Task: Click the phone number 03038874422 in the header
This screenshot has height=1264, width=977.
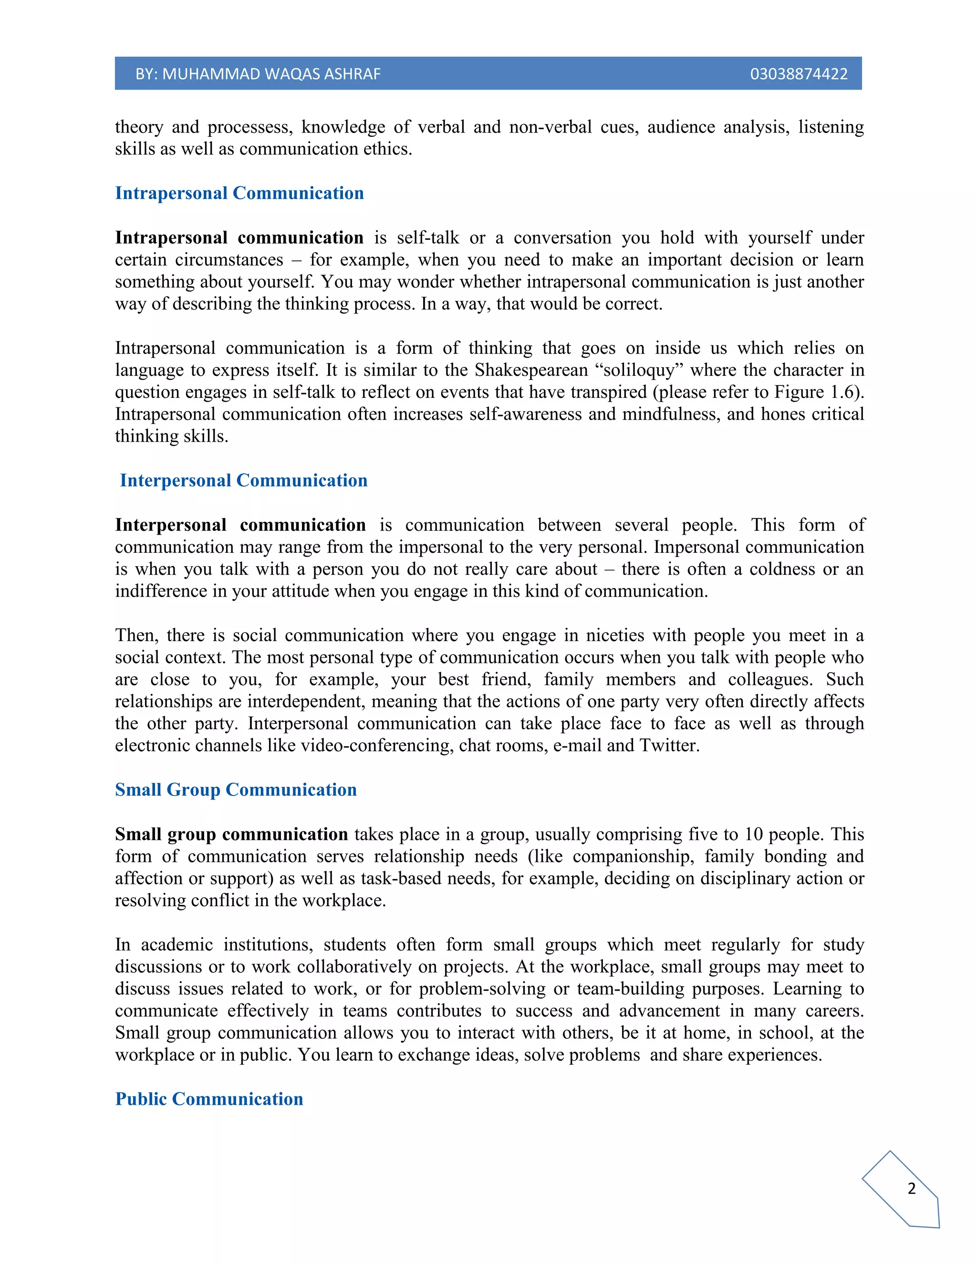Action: pos(798,74)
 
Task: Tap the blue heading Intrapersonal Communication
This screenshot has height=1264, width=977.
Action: pos(239,193)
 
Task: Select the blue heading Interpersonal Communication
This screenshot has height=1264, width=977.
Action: pos(243,480)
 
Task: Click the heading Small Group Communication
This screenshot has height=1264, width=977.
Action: pos(236,789)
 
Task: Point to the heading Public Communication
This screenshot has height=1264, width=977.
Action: pos(209,1098)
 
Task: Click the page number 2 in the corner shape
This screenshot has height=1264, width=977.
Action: pos(912,1188)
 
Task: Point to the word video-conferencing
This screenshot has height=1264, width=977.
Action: pos(376,745)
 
